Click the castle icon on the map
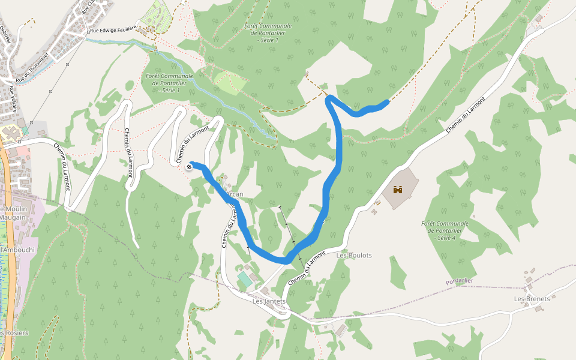[397, 190]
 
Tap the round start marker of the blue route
[191, 166]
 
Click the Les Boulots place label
[354, 255]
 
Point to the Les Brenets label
[532, 298]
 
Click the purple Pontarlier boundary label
[460, 281]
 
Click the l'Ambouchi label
[18, 250]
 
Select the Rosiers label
[14, 333]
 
